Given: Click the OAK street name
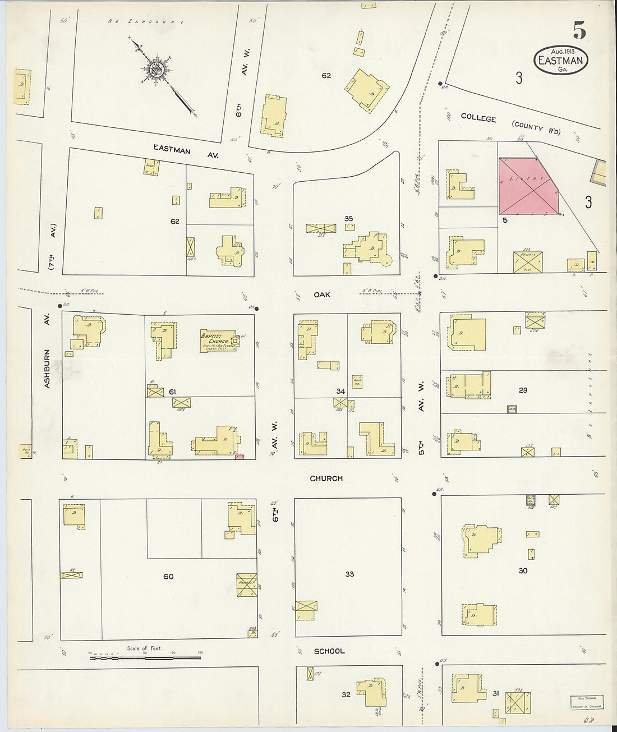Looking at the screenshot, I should (322, 294).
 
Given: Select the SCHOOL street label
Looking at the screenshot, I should (329, 651).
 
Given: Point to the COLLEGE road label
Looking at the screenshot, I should (478, 118).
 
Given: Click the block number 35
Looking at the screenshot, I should (348, 219).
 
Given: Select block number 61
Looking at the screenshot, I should (173, 392).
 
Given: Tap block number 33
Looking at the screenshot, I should (349, 574).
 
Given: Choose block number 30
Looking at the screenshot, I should (523, 570).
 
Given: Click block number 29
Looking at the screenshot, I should (522, 390).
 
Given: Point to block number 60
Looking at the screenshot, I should (168, 577).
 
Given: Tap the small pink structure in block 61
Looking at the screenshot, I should (240, 457).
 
